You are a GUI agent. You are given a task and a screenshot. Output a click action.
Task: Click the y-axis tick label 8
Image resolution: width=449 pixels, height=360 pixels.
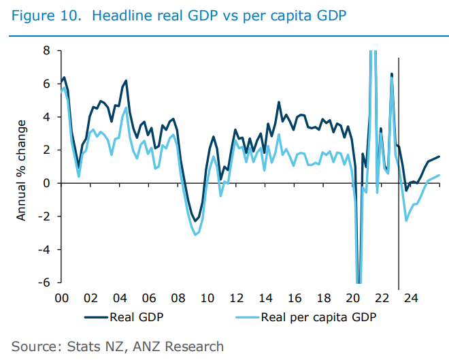[x=46, y=50]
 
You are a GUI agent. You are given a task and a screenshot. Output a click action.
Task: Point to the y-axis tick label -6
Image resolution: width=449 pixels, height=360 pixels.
[x=44, y=282]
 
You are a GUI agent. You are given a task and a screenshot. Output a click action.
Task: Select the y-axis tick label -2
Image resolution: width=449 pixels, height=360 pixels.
[x=44, y=216]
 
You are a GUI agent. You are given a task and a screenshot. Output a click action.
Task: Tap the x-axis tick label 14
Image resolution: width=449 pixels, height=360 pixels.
[x=265, y=298]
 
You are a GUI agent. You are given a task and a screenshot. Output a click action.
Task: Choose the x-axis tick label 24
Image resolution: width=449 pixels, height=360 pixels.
[x=412, y=298]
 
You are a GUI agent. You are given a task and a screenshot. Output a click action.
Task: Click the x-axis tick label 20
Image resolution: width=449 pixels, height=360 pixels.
[x=353, y=298]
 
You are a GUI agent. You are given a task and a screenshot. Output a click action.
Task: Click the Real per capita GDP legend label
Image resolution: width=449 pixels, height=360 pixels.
[x=319, y=316]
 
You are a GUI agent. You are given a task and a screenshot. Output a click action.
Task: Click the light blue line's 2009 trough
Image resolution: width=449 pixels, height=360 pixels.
[x=196, y=235]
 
